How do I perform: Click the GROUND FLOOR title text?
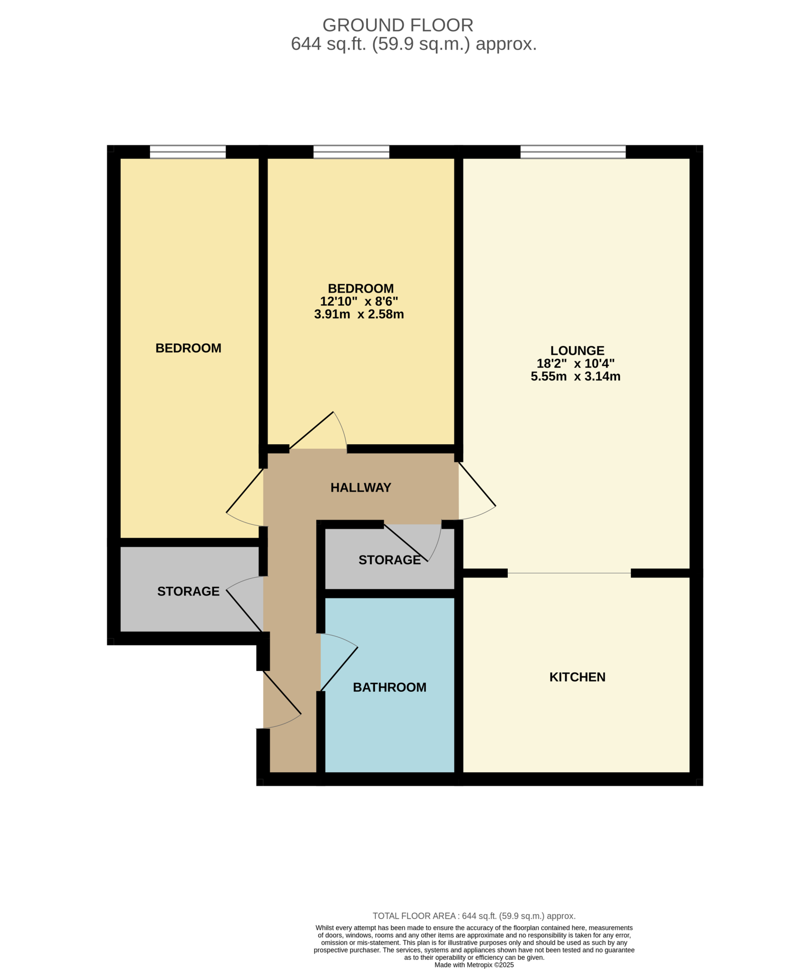[397, 25]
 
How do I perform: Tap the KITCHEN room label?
[577, 677]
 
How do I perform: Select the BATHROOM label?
[389, 687]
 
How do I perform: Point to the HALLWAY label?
[360, 488]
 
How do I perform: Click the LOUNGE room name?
[577, 351]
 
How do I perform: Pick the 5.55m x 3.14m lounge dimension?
[575, 377]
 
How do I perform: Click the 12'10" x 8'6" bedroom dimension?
[359, 301]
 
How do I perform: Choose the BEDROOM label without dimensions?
[188, 348]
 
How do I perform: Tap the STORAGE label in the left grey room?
[188, 591]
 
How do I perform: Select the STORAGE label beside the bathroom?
[389, 560]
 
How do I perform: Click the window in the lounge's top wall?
[573, 152]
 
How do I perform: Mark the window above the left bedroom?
[188, 152]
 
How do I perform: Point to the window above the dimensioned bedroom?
[351, 152]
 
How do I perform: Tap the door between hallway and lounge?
[477, 492]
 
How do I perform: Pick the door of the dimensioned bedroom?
[317, 431]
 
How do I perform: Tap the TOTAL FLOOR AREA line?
[474, 916]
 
